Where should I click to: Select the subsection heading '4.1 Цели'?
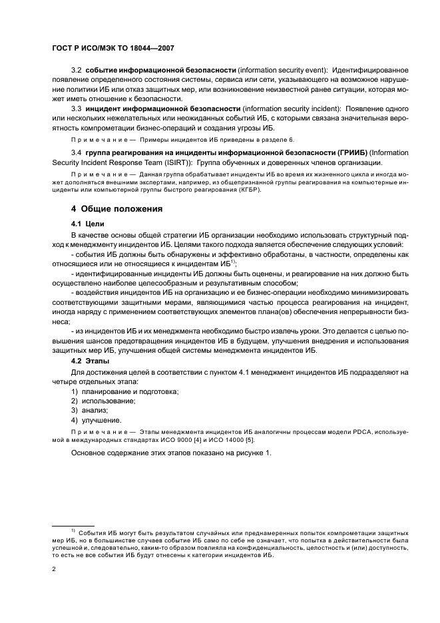click(x=88, y=224)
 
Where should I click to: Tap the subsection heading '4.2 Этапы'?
click(x=91, y=361)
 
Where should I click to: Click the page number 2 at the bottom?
click(x=53, y=568)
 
